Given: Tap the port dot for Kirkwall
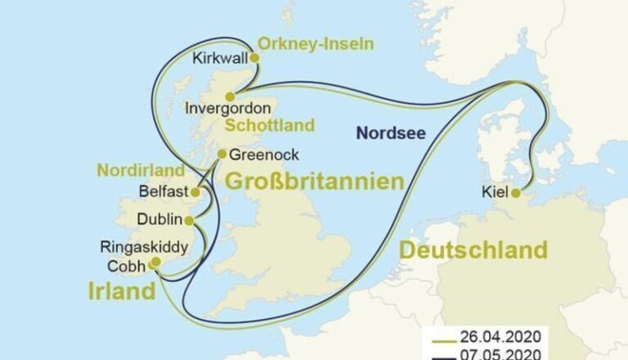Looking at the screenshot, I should [254, 58].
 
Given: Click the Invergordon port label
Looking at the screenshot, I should [228, 108].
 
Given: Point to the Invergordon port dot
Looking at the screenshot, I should [230, 96].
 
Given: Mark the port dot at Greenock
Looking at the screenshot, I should [222, 154].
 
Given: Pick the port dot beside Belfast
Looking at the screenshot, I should [195, 192].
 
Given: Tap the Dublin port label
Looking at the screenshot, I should [159, 220].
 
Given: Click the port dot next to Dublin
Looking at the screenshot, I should [191, 220].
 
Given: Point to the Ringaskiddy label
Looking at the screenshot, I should [144, 246].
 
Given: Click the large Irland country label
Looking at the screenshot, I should [121, 290].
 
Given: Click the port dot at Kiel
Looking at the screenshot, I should [515, 193].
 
